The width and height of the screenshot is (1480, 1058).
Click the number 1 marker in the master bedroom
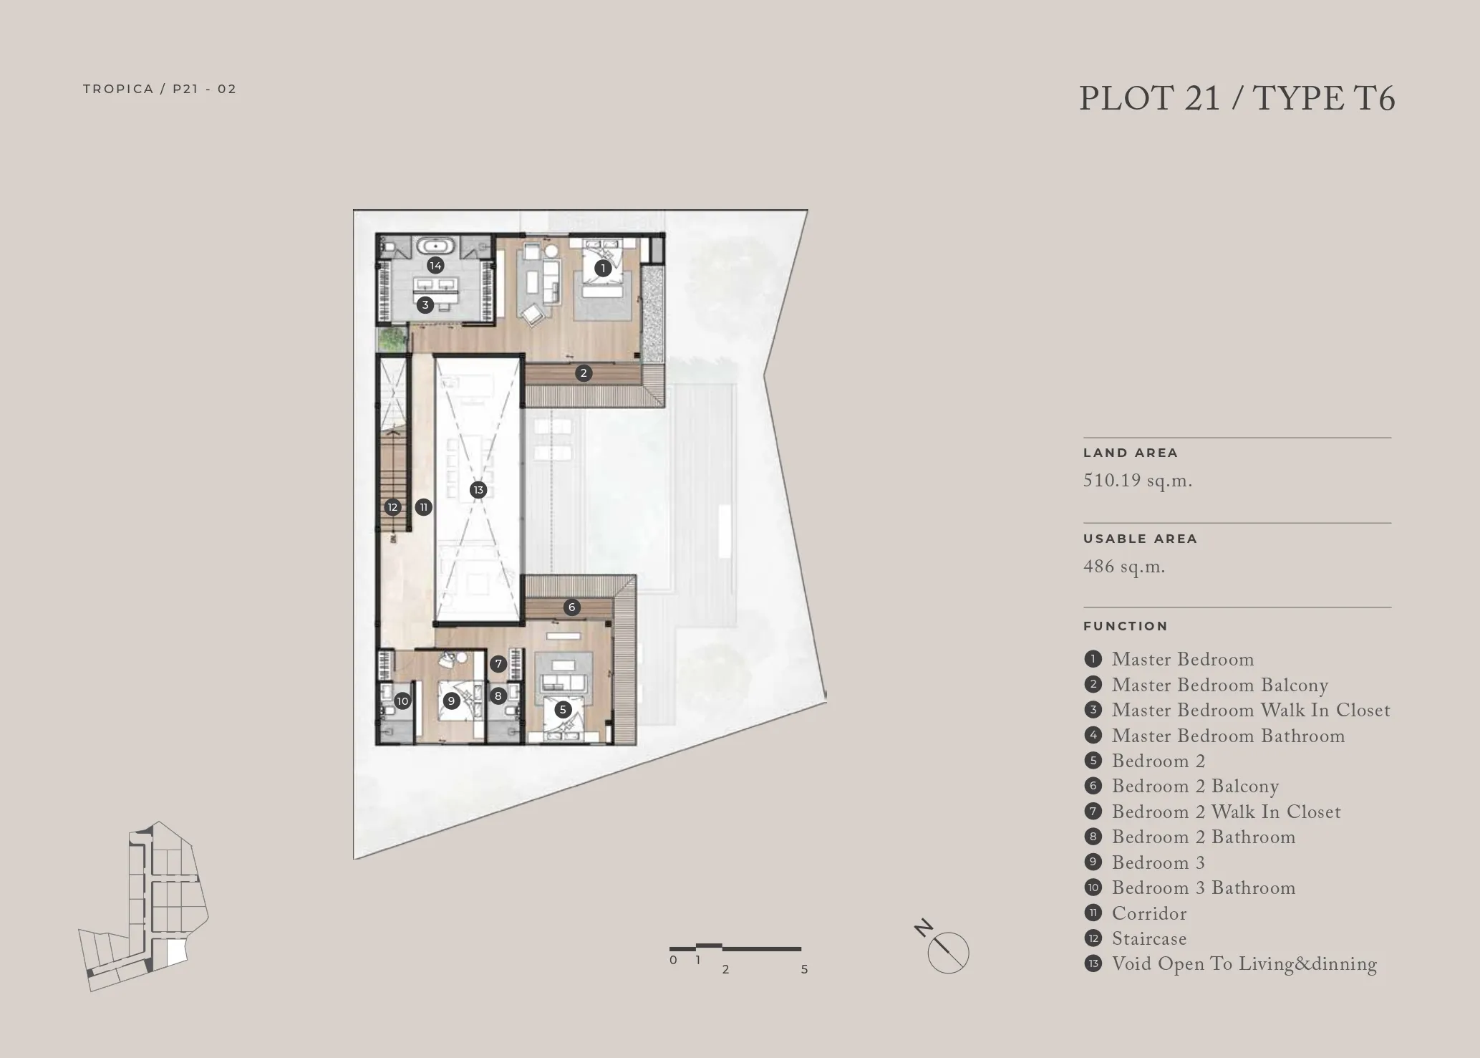[x=603, y=269]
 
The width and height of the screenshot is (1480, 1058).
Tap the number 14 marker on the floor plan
[x=435, y=266]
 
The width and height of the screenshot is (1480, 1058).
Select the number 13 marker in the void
[x=478, y=490]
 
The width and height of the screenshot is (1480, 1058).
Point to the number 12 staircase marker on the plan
[x=392, y=507]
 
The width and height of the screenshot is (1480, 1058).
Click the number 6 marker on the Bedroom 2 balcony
[x=571, y=607]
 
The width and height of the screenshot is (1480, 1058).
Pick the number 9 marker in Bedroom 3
[x=451, y=701]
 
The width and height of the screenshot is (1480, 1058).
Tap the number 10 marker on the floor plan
[x=402, y=701]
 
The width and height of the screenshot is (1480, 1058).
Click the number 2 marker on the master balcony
[x=584, y=372]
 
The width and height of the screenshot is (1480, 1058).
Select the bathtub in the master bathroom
[x=436, y=247]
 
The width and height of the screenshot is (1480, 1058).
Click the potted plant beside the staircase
[x=392, y=340]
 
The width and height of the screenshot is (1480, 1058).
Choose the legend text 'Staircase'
[x=1149, y=939]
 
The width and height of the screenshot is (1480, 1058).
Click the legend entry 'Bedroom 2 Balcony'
[x=1195, y=787]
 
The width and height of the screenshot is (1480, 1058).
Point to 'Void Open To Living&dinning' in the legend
[x=1244, y=964]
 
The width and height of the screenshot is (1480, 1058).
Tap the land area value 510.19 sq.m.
[x=1138, y=481]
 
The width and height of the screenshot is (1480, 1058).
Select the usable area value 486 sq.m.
[x=1124, y=567]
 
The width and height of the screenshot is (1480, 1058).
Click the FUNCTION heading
[x=1126, y=626]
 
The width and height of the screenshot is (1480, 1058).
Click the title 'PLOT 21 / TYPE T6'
[x=1237, y=99]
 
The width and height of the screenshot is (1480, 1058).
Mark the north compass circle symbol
[x=948, y=953]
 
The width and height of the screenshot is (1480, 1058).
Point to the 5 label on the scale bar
[x=804, y=969]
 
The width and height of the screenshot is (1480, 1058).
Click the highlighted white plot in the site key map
[x=175, y=952]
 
